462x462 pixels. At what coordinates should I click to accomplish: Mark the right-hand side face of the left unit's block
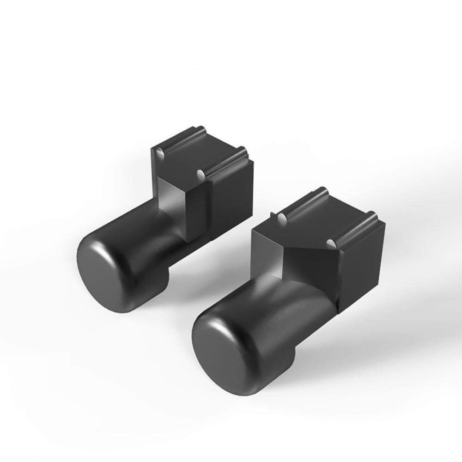pyautogui.click(x=232, y=196)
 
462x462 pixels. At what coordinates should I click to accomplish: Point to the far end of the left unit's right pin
pyautogui.click(x=242, y=150)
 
